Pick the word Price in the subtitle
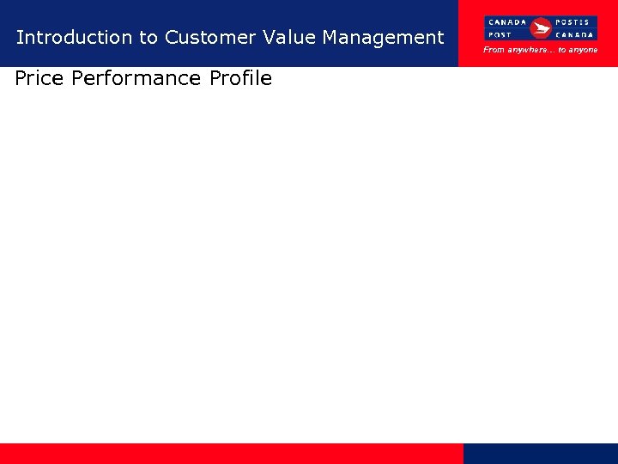tap(40, 78)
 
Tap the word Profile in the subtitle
tap(240, 78)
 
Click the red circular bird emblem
tap(541, 28)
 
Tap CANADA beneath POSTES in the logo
tap(576, 35)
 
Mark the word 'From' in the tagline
tap(494, 50)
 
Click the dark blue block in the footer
tap(541, 454)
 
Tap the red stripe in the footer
tap(232, 454)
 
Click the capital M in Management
tap(330, 37)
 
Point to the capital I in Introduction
tap(19, 37)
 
